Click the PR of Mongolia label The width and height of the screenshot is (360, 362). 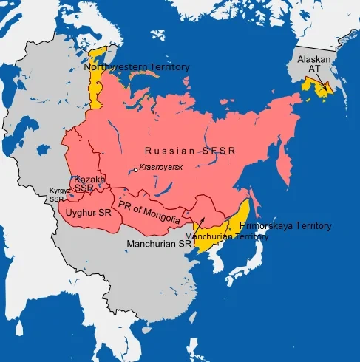point(148,211)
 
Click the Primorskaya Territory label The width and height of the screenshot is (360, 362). point(285,225)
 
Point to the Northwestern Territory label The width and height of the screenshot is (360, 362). point(137,67)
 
